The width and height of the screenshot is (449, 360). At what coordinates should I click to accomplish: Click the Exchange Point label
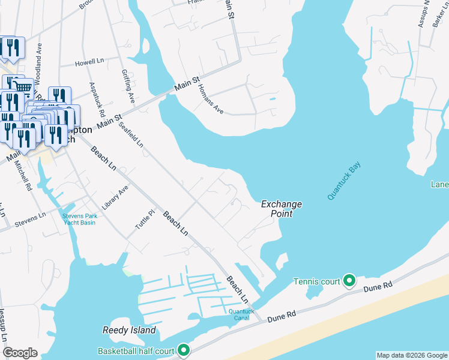[x=281, y=209]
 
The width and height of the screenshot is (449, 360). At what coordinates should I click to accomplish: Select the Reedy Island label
[x=129, y=330]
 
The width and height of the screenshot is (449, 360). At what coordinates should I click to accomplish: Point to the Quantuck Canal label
[x=241, y=314]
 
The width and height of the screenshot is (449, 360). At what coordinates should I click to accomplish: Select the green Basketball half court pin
[x=184, y=350]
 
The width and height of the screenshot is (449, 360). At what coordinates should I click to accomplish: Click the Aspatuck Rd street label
[x=97, y=99]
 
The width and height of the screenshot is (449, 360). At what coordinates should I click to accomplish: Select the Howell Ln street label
[x=90, y=63]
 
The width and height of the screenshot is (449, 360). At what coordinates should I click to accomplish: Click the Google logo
[x=20, y=353]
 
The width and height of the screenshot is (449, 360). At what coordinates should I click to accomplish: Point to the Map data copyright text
[x=411, y=355]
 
